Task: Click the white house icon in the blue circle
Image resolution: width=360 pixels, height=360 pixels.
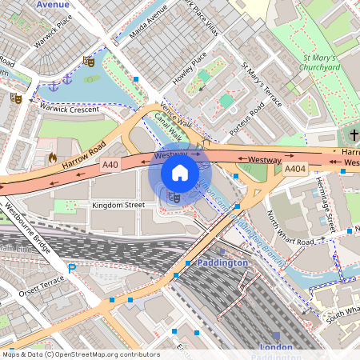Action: pos(180,173)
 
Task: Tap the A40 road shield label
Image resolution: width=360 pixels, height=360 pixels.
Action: pos(110,165)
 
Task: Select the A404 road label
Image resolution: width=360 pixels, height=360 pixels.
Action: pos(295,168)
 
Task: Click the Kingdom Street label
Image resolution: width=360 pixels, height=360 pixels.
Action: pos(118,206)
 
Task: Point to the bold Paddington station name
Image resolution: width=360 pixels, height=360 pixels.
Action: pos(222,262)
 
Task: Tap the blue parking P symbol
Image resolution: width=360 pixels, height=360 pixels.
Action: pos(72,269)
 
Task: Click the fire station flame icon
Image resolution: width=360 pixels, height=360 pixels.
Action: pos(53,158)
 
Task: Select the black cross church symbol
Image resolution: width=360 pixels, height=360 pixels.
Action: pos(354,135)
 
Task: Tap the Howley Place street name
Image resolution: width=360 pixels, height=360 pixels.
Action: pos(189,70)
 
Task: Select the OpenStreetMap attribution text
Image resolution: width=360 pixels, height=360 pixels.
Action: pos(80,354)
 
